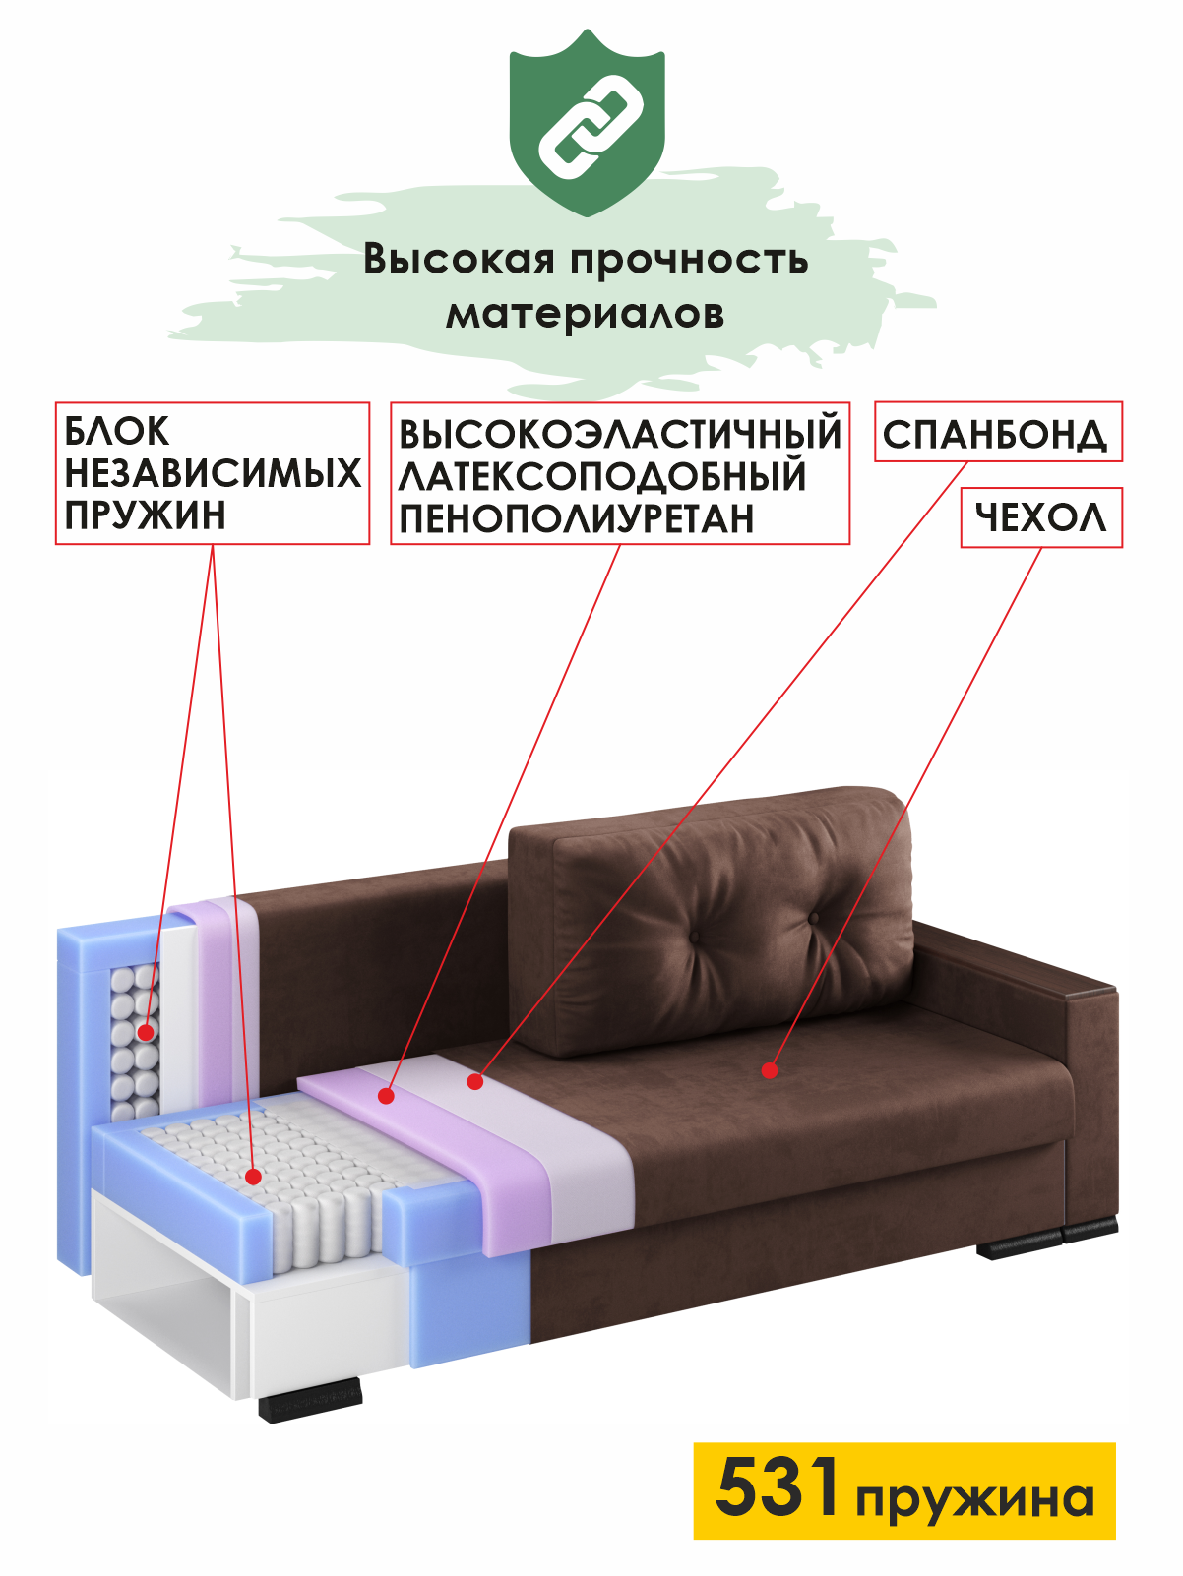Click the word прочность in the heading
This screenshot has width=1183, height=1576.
coord(689,260)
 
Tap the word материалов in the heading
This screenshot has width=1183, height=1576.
coord(586,314)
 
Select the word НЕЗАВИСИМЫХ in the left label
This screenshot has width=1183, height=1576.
coord(213,474)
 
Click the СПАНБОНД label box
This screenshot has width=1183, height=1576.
coord(997,433)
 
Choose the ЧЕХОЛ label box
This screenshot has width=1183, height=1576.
coord(1040,517)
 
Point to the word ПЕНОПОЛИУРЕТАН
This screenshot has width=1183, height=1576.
coord(577,518)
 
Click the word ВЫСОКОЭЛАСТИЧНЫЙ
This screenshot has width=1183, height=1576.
coord(620,434)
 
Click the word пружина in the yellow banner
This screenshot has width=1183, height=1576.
coord(974,1499)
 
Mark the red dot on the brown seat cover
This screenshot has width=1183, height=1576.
coord(770,1070)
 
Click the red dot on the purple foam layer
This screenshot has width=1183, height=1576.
coord(387,1095)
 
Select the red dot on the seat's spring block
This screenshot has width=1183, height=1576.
coord(253,1176)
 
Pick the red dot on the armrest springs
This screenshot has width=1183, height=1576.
coord(145,1032)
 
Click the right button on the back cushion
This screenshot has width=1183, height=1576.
coord(814,919)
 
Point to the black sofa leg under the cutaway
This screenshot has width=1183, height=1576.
coord(310,1400)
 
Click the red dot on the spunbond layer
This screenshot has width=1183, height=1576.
coord(475,1081)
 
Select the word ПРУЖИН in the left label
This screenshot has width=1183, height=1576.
coord(146,515)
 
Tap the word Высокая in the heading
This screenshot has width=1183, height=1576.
coord(459,260)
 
